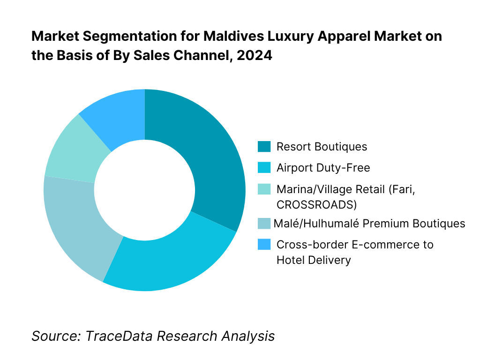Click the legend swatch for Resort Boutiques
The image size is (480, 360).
(264, 147)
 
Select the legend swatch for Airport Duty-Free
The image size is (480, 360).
(264, 168)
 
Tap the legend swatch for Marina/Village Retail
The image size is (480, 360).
(264, 189)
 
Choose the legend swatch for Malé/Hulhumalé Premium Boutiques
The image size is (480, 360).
(264, 223)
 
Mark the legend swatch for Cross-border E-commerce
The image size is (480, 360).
(264, 244)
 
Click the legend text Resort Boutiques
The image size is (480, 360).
(322, 147)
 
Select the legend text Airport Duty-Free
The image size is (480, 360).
(323, 168)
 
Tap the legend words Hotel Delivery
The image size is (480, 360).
(313, 260)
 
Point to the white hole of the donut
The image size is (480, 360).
(144, 190)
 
